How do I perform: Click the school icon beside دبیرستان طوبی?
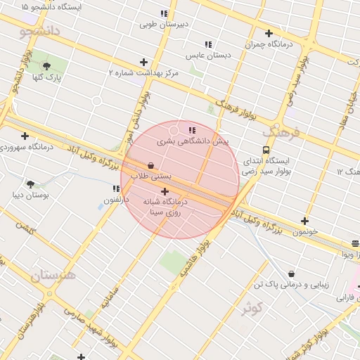click(164, 13)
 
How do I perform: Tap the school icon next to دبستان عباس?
click(207, 45)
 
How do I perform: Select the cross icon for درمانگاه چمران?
click(269, 33)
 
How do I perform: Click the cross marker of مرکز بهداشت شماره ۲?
click(144, 63)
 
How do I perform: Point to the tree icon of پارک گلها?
click(46, 66)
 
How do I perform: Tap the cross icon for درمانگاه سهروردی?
click(25, 136)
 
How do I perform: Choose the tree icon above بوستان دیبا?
click(30, 184)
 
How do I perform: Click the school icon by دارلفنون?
click(116, 188)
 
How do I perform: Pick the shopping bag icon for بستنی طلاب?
click(150, 166)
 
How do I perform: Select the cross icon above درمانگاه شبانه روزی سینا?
click(165, 191)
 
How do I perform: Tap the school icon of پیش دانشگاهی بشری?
click(192, 130)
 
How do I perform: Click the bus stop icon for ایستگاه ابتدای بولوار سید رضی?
click(266, 150)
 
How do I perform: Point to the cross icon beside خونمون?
click(304, 221)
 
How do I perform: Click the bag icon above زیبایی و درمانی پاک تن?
click(291, 274)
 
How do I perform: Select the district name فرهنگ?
click(281, 131)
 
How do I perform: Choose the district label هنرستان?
click(52, 274)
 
